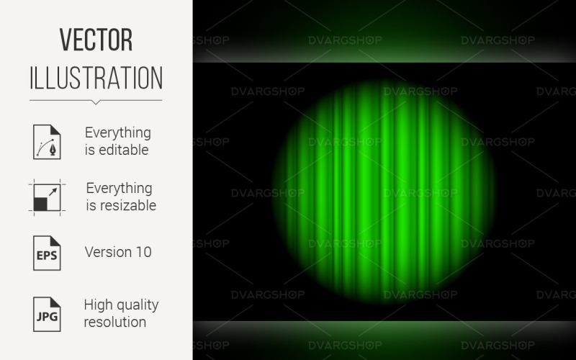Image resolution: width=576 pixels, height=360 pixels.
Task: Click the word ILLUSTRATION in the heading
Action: pyautogui.click(x=96, y=77)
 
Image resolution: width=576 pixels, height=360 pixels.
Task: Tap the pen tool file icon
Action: pyautogui.click(x=47, y=141)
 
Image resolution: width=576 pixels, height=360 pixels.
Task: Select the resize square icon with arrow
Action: pyautogui.click(x=47, y=197)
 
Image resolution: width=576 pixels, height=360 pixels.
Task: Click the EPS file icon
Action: pyautogui.click(x=47, y=252)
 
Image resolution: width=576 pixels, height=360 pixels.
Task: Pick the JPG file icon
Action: pyautogui.click(x=47, y=312)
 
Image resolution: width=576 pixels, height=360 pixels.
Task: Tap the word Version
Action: pyautogui.click(x=107, y=252)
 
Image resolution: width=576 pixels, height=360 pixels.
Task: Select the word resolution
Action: pyautogui.click(x=115, y=321)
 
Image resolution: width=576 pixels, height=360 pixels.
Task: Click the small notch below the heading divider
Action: pyautogui.click(x=96, y=102)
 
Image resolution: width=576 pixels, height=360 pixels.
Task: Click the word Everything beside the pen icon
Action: pyautogui.click(x=118, y=132)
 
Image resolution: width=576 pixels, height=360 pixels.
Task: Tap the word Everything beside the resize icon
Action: pyautogui.click(x=120, y=188)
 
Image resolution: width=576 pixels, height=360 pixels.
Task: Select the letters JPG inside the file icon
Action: pyautogui.click(x=47, y=318)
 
